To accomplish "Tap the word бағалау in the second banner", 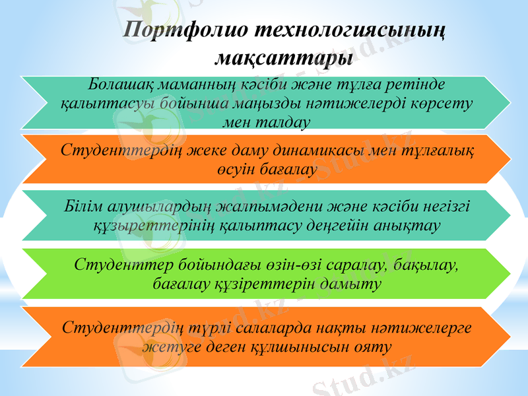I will [287, 169].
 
